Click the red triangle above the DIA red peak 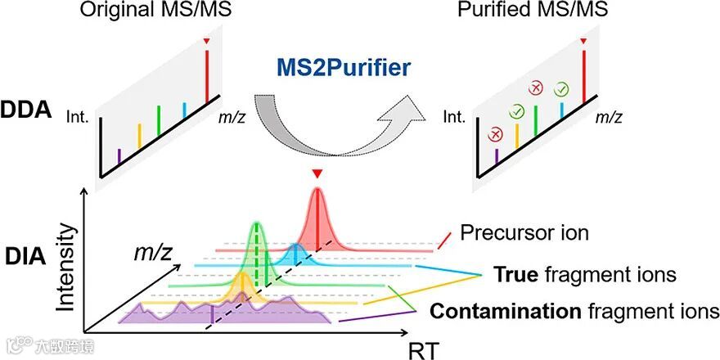pos(317,173)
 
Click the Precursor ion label pos(524,233)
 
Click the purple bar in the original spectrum pos(120,153)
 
